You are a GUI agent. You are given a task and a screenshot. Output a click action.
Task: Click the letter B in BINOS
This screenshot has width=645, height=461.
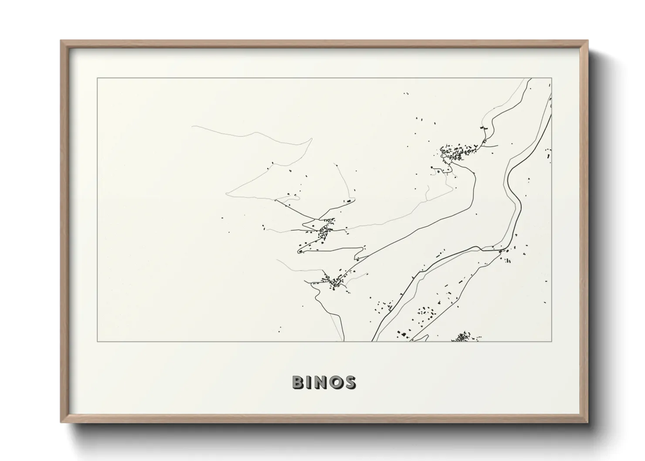point(299,382)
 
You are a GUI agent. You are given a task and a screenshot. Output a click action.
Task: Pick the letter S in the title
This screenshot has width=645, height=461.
point(350,382)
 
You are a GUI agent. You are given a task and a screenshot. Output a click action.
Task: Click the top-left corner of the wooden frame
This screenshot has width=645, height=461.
point(61,41)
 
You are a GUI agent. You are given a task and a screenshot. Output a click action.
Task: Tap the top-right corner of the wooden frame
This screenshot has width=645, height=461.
point(588,41)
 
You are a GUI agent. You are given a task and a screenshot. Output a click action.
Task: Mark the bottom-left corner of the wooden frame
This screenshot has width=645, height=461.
point(61,422)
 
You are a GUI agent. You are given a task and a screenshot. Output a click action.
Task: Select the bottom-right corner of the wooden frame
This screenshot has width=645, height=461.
point(588,422)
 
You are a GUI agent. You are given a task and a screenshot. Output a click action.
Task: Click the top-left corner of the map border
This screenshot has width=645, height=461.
point(97,78)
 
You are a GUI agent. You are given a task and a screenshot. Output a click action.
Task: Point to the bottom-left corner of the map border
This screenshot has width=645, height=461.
point(97,341)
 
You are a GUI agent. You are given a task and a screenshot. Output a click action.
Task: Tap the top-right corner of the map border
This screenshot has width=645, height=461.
point(552,78)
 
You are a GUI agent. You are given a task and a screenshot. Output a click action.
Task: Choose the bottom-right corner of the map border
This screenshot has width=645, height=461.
point(552,341)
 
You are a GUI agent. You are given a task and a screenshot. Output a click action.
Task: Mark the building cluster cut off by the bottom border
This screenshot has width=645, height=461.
point(464,337)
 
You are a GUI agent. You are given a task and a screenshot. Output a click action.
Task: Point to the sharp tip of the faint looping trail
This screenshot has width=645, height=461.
point(312,139)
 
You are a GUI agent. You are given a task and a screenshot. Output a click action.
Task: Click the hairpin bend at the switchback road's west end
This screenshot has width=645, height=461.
point(299,251)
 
